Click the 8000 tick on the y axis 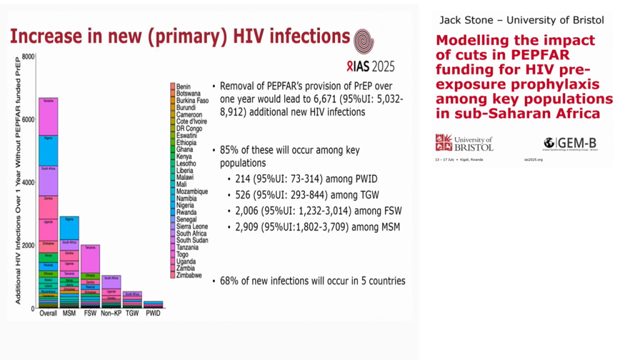coord(28,57)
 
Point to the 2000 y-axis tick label coord(28,245)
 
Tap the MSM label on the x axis coord(69,313)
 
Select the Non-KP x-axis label coord(111,313)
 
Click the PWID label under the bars coord(153,313)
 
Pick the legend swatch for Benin coord(172,86)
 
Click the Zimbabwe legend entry coord(189,275)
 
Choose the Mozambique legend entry coord(192,191)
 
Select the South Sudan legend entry coord(191,240)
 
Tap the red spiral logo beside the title coord(364,39)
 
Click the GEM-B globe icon coord(550,142)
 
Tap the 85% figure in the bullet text coord(230,151)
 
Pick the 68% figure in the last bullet coord(230,281)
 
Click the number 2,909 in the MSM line coord(247,227)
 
